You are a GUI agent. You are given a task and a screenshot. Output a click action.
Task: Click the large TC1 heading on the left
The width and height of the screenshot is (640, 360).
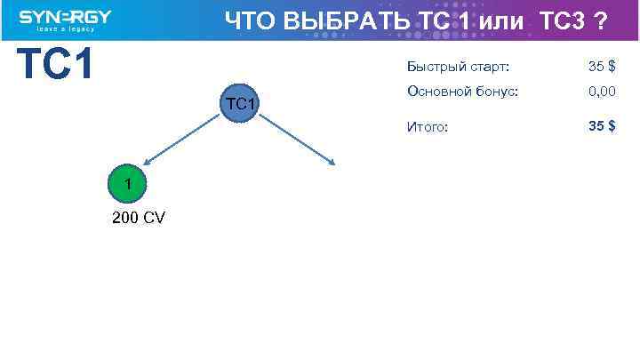[56, 64]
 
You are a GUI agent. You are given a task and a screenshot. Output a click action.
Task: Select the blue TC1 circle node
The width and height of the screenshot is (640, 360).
[241, 106]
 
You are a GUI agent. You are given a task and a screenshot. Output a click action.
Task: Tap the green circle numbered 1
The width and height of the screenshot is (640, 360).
[129, 184]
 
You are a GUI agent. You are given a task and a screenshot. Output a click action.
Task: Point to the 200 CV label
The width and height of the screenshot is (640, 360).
[138, 219]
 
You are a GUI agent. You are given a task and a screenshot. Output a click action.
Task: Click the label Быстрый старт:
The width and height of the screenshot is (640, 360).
[458, 67]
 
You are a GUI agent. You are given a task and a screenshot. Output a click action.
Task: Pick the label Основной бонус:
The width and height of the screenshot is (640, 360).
[462, 91]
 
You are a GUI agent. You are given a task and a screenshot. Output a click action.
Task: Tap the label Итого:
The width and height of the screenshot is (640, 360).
[428, 127]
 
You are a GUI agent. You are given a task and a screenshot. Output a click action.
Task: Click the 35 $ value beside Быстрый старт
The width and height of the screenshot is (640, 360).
[602, 67]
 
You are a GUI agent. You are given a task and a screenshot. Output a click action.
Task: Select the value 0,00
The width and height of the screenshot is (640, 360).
[602, 91]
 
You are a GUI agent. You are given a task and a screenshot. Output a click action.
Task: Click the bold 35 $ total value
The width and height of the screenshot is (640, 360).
[602, 126]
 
